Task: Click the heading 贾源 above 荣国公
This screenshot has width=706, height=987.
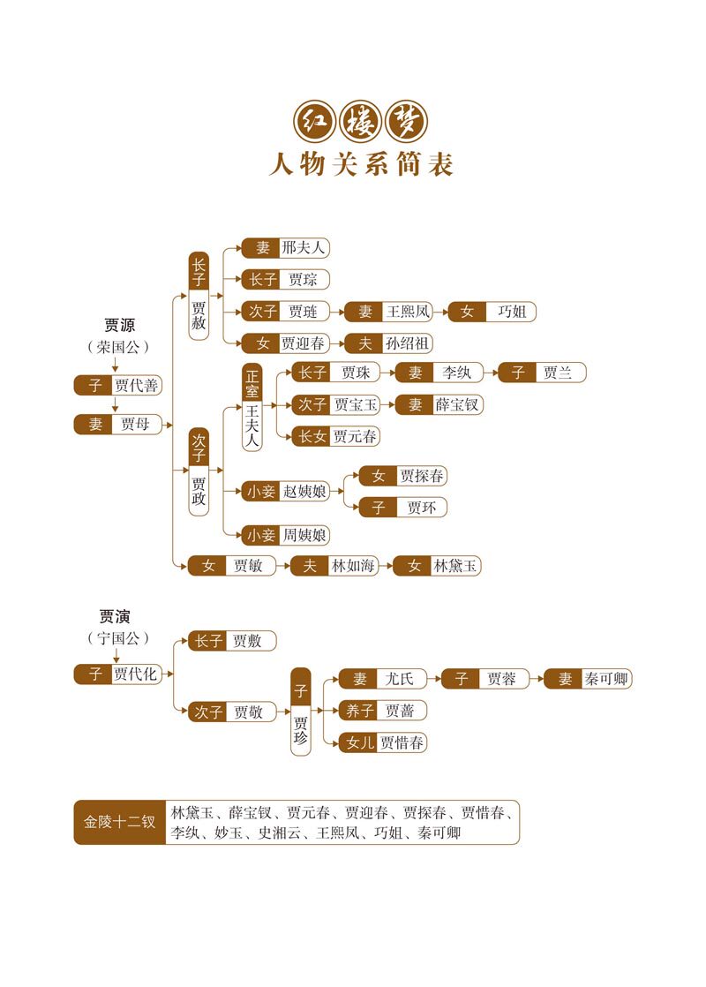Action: (119, 325)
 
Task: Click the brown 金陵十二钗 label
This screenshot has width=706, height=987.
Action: (119, 822)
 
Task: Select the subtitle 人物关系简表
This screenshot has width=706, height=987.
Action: (361, 164)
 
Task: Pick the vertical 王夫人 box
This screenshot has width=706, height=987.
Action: (252, 423)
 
